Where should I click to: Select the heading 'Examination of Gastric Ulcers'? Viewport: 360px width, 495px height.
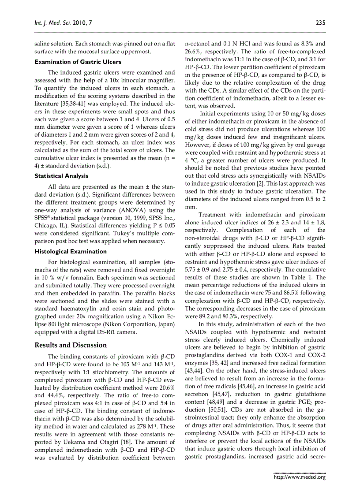tap(75, 62)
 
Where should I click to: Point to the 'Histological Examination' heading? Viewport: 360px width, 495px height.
tap(71, 251)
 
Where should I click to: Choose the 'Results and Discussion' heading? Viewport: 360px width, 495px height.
tap(71, 345)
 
